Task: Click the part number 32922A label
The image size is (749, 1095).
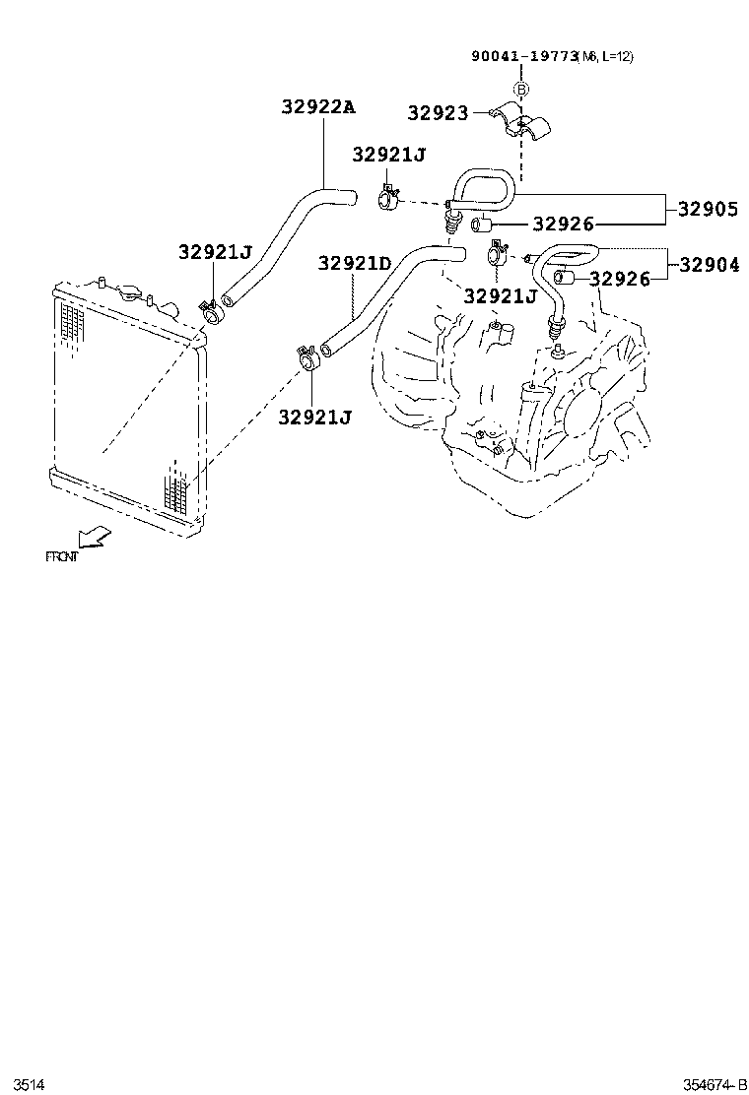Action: tap(317, 107)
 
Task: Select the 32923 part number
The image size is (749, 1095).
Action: tap(438, 113)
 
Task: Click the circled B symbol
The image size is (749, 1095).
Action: tap(521, 89)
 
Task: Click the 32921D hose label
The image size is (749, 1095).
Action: tap(355, 263)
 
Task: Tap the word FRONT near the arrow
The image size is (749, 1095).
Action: tap(61, 556)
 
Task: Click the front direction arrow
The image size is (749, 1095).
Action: tap(94, 537)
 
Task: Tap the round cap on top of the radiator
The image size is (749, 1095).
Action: tap(129, 293)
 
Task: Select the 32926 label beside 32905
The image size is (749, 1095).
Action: tap(564, 225)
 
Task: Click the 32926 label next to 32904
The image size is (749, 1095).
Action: tap(620, 280)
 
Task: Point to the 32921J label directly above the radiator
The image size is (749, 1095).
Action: tap(216, 252)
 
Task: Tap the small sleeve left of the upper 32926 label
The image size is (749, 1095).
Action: tap(482, 226)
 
